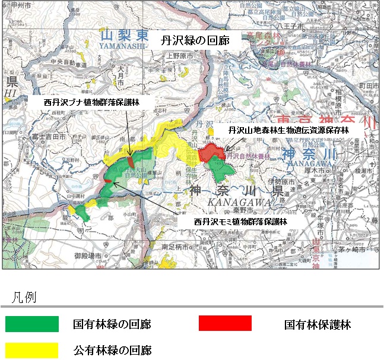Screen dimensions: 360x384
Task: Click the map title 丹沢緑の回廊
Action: click(196, 41)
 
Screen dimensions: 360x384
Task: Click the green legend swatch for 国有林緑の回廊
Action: click(32, 324)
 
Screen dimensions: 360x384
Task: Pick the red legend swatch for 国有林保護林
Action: click(225, 324)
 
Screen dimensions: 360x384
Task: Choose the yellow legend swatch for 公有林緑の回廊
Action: click(32, 349)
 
